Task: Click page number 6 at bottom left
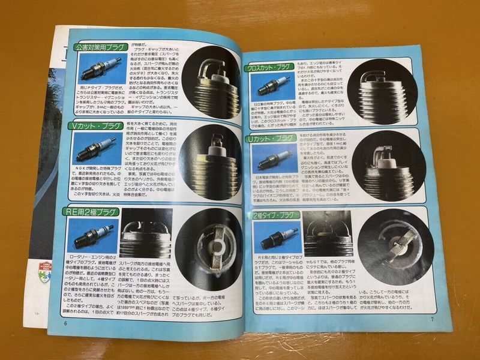click(65, 322)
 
